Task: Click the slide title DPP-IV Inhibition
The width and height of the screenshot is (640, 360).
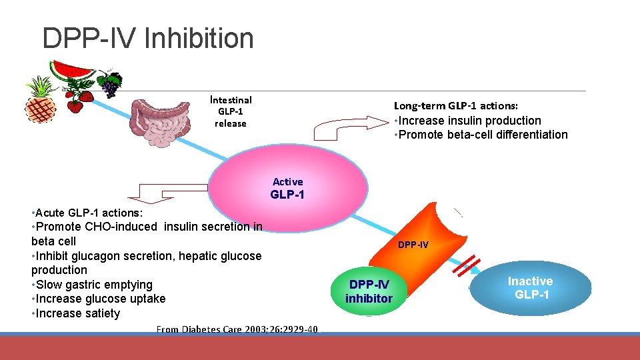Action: pyautogui.click(x=147, y=38)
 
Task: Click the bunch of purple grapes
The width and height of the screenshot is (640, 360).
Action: pyautogui.click(x=109, y=84)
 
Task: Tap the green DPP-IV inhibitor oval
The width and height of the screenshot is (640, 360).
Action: pyautogui.click(x=369, y=291)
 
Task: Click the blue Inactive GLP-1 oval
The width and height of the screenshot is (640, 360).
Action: pyautogui.click(x=531, y=287)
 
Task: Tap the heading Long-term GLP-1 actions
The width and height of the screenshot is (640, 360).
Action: pyautogui.click(x=456, y=105)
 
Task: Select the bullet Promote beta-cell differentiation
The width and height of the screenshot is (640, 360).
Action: pyautogui.click(x=481, y=135)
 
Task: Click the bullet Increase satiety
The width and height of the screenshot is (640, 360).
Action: pyautogui.click(x=76, y=313)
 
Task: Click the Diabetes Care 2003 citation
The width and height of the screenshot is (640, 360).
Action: pyautogui.click(x=238, y=329)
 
